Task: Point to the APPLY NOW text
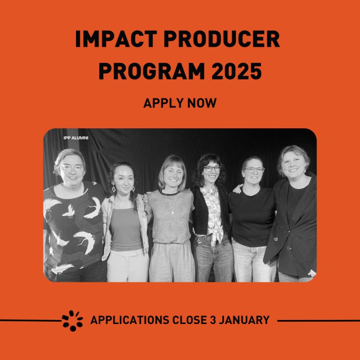(x=180, y=103)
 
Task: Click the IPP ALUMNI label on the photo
(x=76, y=138)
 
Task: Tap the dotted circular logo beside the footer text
(x=72, y=320)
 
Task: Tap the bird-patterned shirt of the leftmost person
(x=74, y=225)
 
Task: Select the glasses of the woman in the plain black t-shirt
(x=254, y=170)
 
